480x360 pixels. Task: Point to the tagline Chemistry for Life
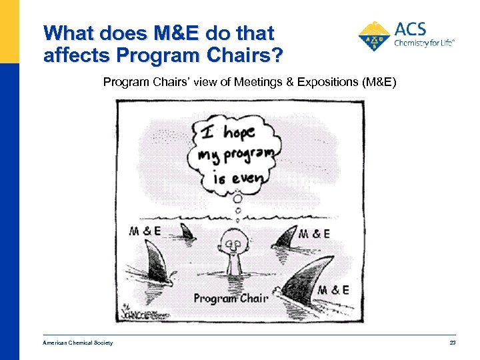(424, 43)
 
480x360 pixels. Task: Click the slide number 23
(451, 343)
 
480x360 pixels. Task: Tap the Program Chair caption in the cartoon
(230, 298)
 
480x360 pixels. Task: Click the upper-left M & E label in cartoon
(146, 231)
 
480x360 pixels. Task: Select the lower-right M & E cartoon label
(333, 290)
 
